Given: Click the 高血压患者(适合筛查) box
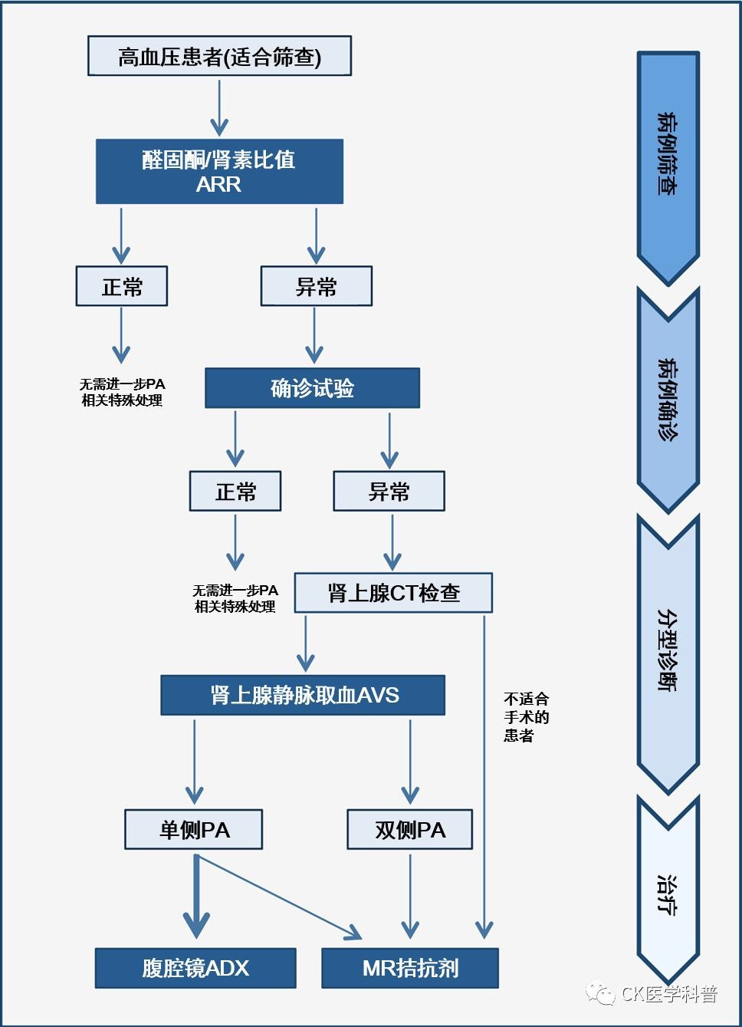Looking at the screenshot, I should [x=219, y=56].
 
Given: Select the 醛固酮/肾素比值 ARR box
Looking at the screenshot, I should [x=219, y=171].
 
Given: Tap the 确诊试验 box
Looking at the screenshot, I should [x=312, y=388].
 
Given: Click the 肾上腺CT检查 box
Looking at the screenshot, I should [x=393, y=592].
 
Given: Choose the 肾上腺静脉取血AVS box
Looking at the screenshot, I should [x=303, y=695].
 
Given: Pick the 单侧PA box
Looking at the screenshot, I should [x=194, y=829].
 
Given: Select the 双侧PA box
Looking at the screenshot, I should [x=409, y=829].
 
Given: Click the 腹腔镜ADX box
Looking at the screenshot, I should [x=195, y=968].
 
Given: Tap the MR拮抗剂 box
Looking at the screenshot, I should [x=410, y=968].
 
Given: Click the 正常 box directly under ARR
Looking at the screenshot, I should [x=122, y=286].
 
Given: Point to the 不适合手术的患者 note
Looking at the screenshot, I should [x=526, y=717].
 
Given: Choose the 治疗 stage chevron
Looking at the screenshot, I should [x=668, y=894].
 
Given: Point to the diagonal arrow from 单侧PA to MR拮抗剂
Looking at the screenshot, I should [x=280, y=897].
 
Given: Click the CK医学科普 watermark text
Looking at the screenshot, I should [x=668, y=995].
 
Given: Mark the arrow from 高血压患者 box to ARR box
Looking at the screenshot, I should [x=220, y=107].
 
